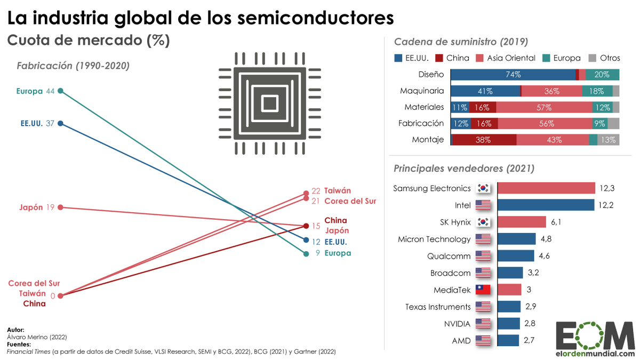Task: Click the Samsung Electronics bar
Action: point(547,188)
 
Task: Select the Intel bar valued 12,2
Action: point(547,205)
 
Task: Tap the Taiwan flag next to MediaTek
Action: point(483,290)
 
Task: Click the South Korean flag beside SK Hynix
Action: point(483,222)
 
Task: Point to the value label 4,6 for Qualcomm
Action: point(544,256)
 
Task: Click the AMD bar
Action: point(508,340)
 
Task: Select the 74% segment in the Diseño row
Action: point(513,75)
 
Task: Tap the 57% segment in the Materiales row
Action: point(544,107)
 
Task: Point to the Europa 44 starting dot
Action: point(61,91)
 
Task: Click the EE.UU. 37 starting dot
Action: point(61,124)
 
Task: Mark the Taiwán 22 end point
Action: point(306,193)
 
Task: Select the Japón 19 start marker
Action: point(61,207)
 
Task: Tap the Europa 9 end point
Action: point(306,254)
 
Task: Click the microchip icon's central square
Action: point(269,102)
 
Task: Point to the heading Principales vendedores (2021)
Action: point(463,169)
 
